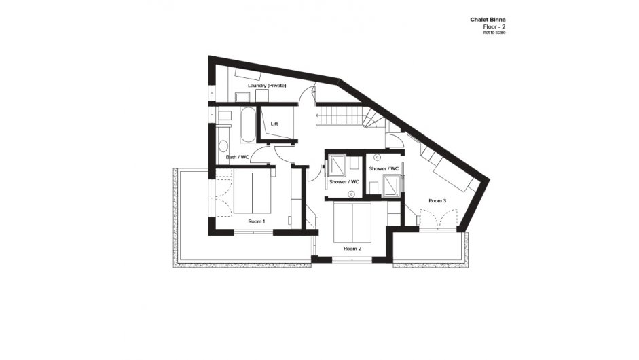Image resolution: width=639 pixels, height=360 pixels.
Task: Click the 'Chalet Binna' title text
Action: [488, 20]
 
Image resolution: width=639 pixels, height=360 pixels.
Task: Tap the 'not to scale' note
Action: [494, 33]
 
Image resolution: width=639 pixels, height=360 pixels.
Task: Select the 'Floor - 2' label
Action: [493, 27]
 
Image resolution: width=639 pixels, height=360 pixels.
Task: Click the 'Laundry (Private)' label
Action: [266, 86]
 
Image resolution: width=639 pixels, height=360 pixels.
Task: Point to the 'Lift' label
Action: [274, 124]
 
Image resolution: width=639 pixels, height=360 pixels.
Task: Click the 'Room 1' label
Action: [256, 221]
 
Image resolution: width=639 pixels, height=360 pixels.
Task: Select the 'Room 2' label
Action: [351, 249]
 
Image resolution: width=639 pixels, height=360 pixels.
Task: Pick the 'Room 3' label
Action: [437, 200]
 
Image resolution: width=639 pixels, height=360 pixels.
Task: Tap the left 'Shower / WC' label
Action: [344, 181]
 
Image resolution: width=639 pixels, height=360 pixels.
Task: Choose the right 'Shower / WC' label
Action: [384, 168]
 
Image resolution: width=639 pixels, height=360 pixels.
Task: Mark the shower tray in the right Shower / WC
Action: [392, 185]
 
